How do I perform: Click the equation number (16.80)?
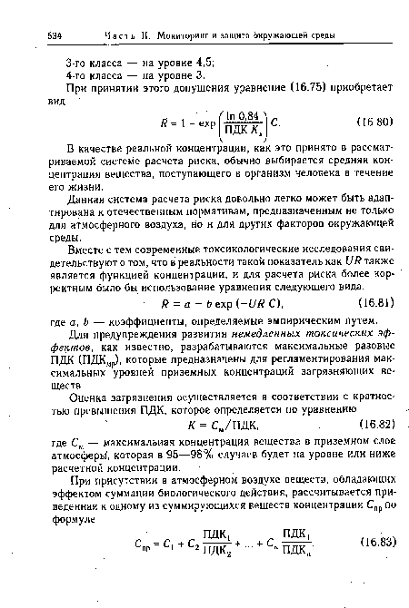point(370,144)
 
